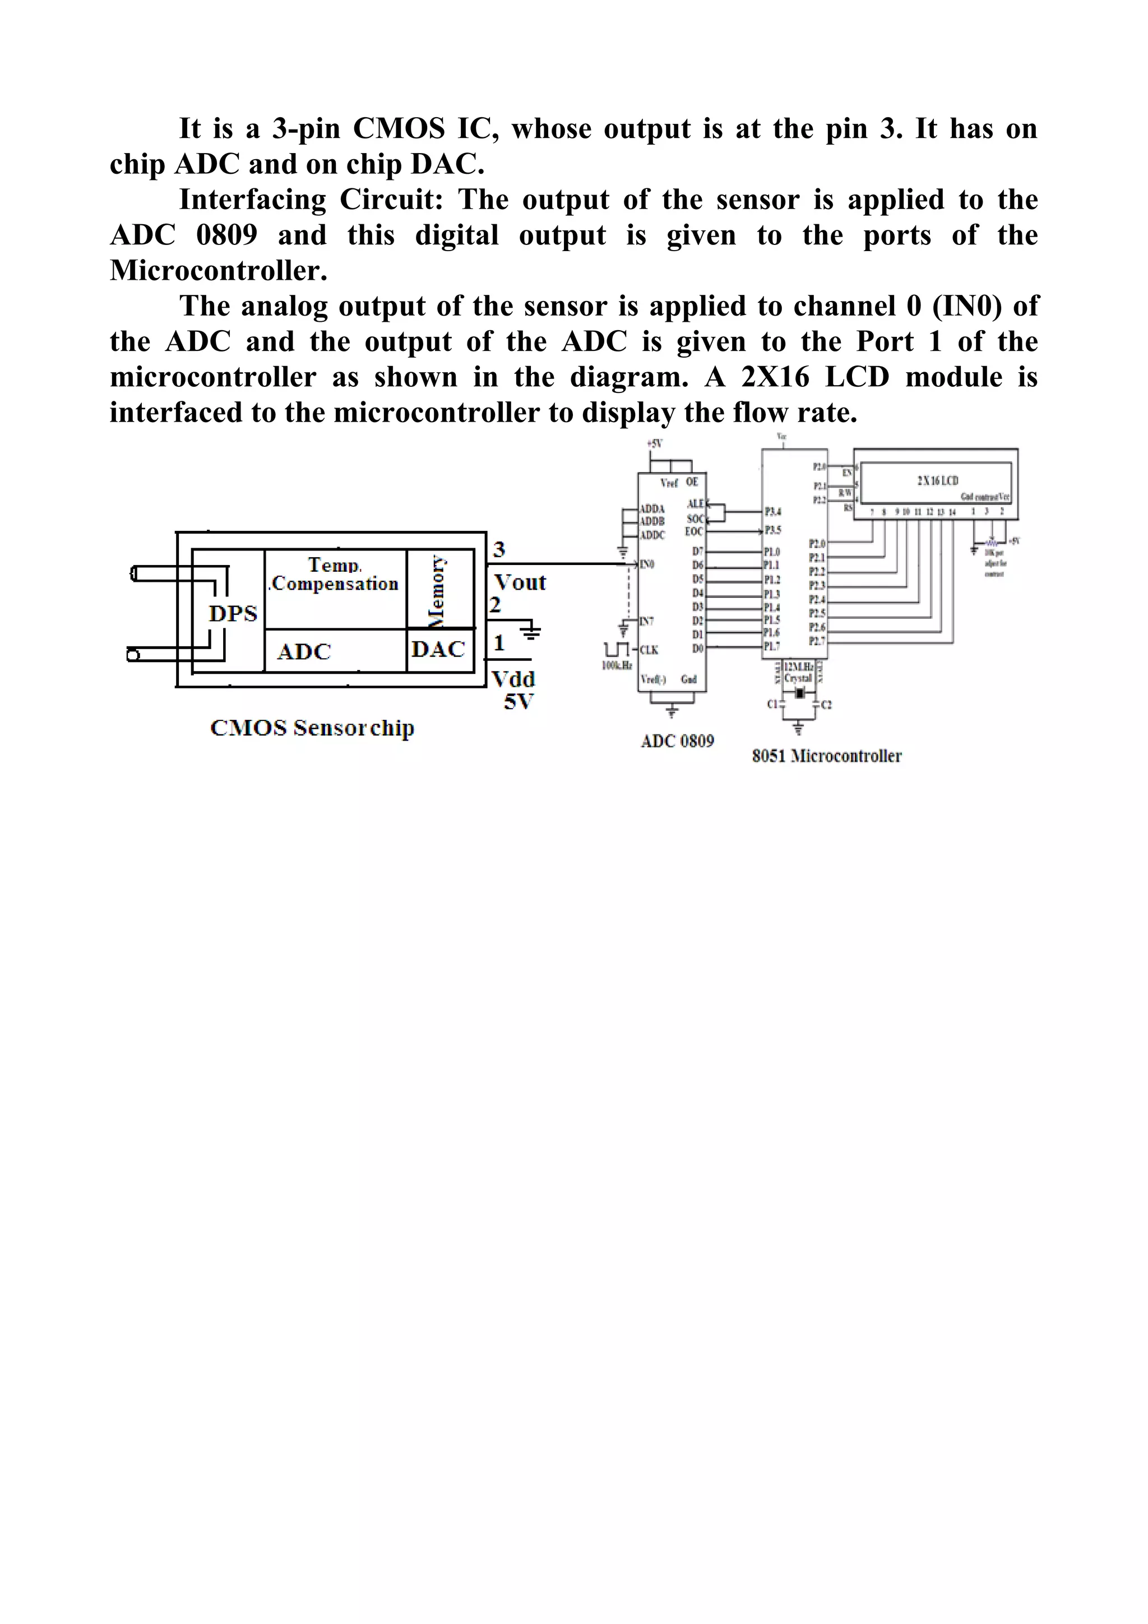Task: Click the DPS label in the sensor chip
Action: (x=233, y=613)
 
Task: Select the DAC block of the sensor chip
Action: (x=438, y=649)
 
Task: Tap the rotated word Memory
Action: (x=438, y=591)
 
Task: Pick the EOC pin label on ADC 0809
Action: (x=694, y=532)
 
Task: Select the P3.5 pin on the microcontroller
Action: (x=772, y=530)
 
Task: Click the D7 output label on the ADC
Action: (x=697, y=551)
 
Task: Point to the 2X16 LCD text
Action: (x=937, y=481)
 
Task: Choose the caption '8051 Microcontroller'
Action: (x=826, y=756)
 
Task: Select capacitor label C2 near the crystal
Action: (x=826, y=705)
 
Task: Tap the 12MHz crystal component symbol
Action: (x=799, y=694)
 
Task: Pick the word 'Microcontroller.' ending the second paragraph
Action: (x=219, y=271)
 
